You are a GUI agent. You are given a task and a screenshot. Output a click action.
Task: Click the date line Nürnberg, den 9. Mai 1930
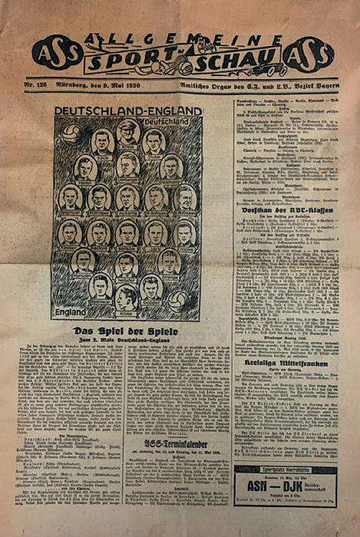click(x=107, y=83)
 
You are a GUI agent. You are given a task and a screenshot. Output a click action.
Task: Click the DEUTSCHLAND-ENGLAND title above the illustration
click(x=127, y=111)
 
